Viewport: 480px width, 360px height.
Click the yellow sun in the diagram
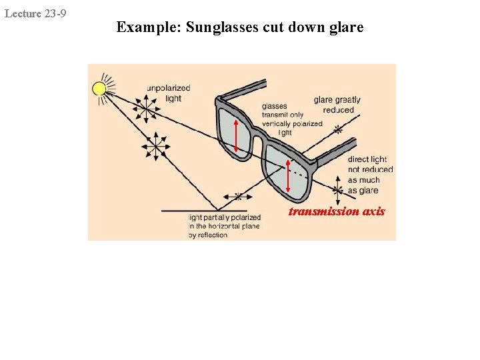coord(99,89)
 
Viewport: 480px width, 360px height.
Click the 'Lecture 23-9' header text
coord(35,13)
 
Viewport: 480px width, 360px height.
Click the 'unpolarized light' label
coord(168,93)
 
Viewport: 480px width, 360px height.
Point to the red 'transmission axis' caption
coord(337,211)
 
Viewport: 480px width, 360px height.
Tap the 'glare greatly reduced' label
coord(337,105)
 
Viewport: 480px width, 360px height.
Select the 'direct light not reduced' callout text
coord(370,164)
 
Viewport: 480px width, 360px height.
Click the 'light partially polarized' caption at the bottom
coord(223,226)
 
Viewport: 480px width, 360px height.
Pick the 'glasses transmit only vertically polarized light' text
coord(291,119)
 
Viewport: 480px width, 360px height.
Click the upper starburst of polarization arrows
coord(145,105)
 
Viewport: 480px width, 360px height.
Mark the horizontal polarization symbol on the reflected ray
coord(238,197)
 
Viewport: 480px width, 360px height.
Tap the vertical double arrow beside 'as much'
coord(339,183)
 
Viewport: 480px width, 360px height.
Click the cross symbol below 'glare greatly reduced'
coord(338,129)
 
